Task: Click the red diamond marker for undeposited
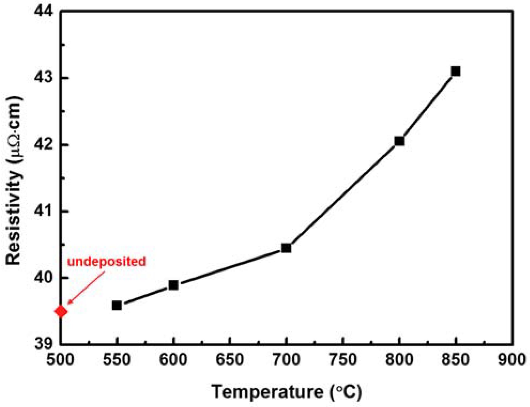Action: (x=61, y=311)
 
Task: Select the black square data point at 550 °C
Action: (x=117, y=305)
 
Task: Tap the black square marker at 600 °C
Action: (x=174, y=285)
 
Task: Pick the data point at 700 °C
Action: (x=286, y=248)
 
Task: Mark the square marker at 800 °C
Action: (x=399, y=141)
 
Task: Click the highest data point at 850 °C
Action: (x=456, y=71)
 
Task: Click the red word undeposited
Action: (x=106, y=261)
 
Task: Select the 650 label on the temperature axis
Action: (x=230, y=360)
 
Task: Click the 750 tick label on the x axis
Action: (x=343, y=360)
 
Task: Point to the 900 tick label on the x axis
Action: (x=512, y=360)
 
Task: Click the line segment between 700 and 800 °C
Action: (x=343, y=194)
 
